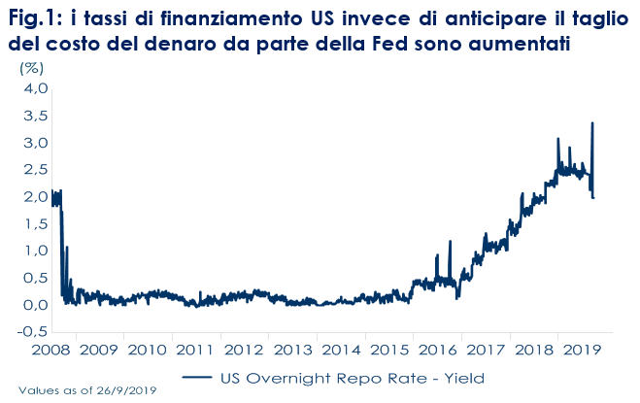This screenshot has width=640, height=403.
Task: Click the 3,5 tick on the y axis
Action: point(34,116)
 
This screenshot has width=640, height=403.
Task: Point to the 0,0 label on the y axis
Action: point(34,304)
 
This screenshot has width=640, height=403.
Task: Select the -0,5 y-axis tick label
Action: point(32,331)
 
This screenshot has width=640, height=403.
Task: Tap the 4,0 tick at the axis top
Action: point(34,88)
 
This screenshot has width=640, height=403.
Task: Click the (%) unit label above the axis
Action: point(32,68)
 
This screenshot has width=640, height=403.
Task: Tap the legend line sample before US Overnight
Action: point(199,378)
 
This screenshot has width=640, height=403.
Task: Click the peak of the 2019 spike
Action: point(592,122)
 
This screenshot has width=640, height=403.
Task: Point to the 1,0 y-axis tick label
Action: point(34,251)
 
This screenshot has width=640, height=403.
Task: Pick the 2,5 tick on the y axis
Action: point(34,170)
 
